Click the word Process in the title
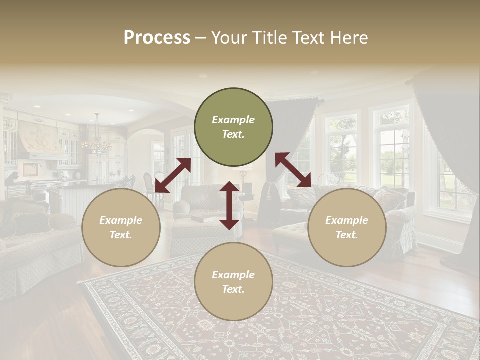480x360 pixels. coord(157,38)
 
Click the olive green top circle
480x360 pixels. coord(233,127)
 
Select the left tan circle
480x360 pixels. coord(121,227)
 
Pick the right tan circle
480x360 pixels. coord(347,227)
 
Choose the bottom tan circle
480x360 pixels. coord(233,282)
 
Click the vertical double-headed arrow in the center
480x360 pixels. coord(229,205)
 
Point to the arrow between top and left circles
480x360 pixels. coord(173,175)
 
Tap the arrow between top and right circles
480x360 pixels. coord(293,170)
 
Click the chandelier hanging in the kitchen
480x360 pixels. coord(96,143)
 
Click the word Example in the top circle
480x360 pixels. coord(233,120)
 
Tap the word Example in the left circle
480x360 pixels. coord(121,220)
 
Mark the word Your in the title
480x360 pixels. coord(228,38)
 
